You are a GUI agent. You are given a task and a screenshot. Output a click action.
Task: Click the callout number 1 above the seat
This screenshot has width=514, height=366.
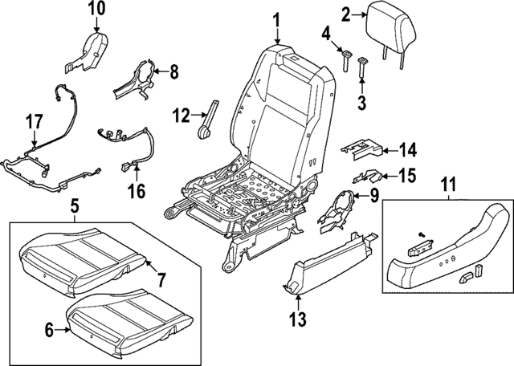coord(275,19)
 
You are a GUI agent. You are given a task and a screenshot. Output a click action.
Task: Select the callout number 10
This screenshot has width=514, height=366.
coord(96,10)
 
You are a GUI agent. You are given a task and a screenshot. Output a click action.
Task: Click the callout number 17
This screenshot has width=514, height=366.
coord(33,124)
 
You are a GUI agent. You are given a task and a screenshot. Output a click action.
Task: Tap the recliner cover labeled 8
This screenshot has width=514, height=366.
coord(137,78)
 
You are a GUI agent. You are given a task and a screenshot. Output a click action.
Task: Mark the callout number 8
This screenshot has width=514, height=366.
coord(172,72)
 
